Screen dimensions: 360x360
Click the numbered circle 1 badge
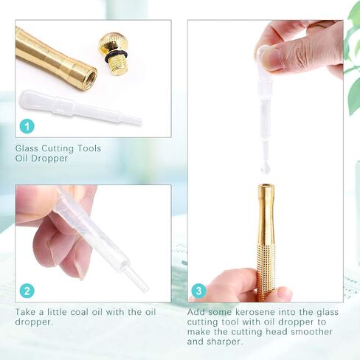(27, 126)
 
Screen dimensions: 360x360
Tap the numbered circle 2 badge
(27, 291)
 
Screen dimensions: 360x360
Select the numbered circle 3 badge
(198, 291)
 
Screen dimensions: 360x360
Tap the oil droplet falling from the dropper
(266, 168)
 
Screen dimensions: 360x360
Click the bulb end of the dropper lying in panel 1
(35, 100)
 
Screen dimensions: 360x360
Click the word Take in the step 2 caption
(25, 312)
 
